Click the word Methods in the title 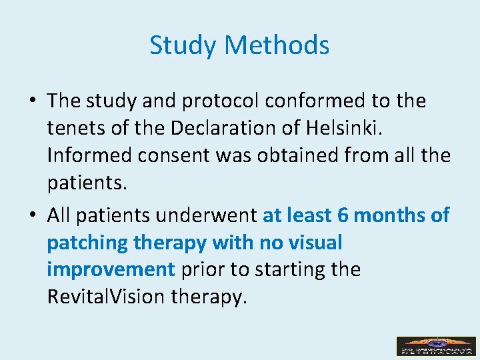277,46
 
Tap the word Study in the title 184,46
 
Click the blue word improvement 111,270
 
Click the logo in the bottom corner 436,346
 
